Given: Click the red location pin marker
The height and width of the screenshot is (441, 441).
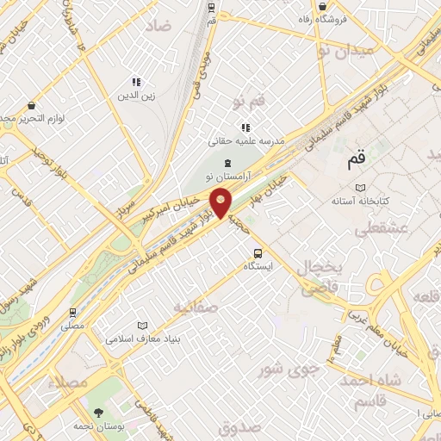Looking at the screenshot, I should [x=221, y=202].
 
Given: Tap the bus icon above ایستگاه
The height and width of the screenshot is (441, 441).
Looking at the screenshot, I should [x=258, y=252].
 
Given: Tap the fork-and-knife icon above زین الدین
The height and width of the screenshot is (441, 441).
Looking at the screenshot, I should [x=136, y=83].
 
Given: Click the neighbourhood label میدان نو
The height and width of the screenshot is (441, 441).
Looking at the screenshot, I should [x=345, y=51].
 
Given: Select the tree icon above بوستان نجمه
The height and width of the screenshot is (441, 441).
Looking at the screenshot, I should [x=97, y=412].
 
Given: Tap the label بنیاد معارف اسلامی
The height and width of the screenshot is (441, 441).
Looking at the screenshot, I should [x=144, y=339].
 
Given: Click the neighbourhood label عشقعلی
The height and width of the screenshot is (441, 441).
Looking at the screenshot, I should [x=374, y=228].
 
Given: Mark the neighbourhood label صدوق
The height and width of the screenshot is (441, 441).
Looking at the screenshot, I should [x=240, y=426].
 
